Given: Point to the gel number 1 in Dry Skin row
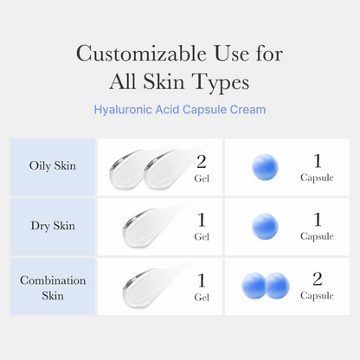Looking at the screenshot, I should pos(202,220).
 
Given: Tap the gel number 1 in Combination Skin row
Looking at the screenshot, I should pos(202,280).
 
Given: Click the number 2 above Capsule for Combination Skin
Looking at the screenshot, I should pos(316,280).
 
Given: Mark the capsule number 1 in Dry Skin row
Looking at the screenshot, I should pos(316,220).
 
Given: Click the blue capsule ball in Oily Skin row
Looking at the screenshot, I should pos(265,167).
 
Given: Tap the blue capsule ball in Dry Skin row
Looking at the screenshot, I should pos(265,227).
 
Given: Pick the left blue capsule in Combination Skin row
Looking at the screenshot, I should pos(254,286).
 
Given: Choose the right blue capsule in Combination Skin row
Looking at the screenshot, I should pos(276,286).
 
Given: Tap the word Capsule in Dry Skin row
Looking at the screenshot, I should pos(316,236).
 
